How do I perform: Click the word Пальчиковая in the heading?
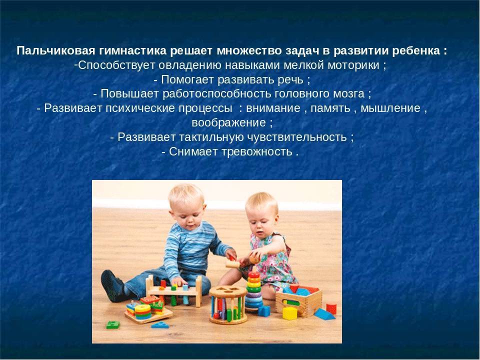click(56, 51)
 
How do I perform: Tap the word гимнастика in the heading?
click(132, 51)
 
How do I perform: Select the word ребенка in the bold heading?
click(416, 51)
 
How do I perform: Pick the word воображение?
click(228, 123)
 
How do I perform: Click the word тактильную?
click(211, 137)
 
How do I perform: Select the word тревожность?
click(256, 151)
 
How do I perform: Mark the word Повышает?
click(130, 94)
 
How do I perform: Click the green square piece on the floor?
click(112, 325)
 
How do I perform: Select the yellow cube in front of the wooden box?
click(289, 313)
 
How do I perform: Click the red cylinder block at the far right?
click(331, 308)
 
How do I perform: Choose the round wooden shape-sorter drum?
click(228, 304)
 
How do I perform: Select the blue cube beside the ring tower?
click(264, 311)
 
